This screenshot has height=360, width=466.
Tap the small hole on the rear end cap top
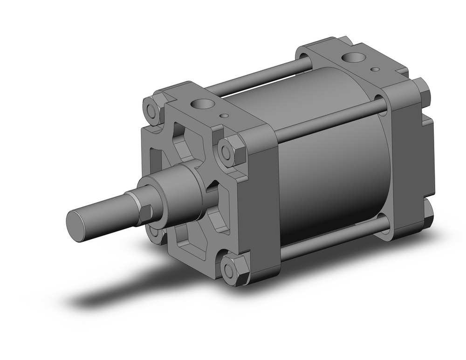(x=375, y=69)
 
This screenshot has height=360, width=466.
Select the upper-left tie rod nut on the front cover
(x=153, y=110)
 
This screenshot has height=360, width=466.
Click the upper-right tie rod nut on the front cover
(x=232, y=151)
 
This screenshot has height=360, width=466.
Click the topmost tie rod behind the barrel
(x=261, y=76)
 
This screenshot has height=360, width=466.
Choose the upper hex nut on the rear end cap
(x=421, y=90)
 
